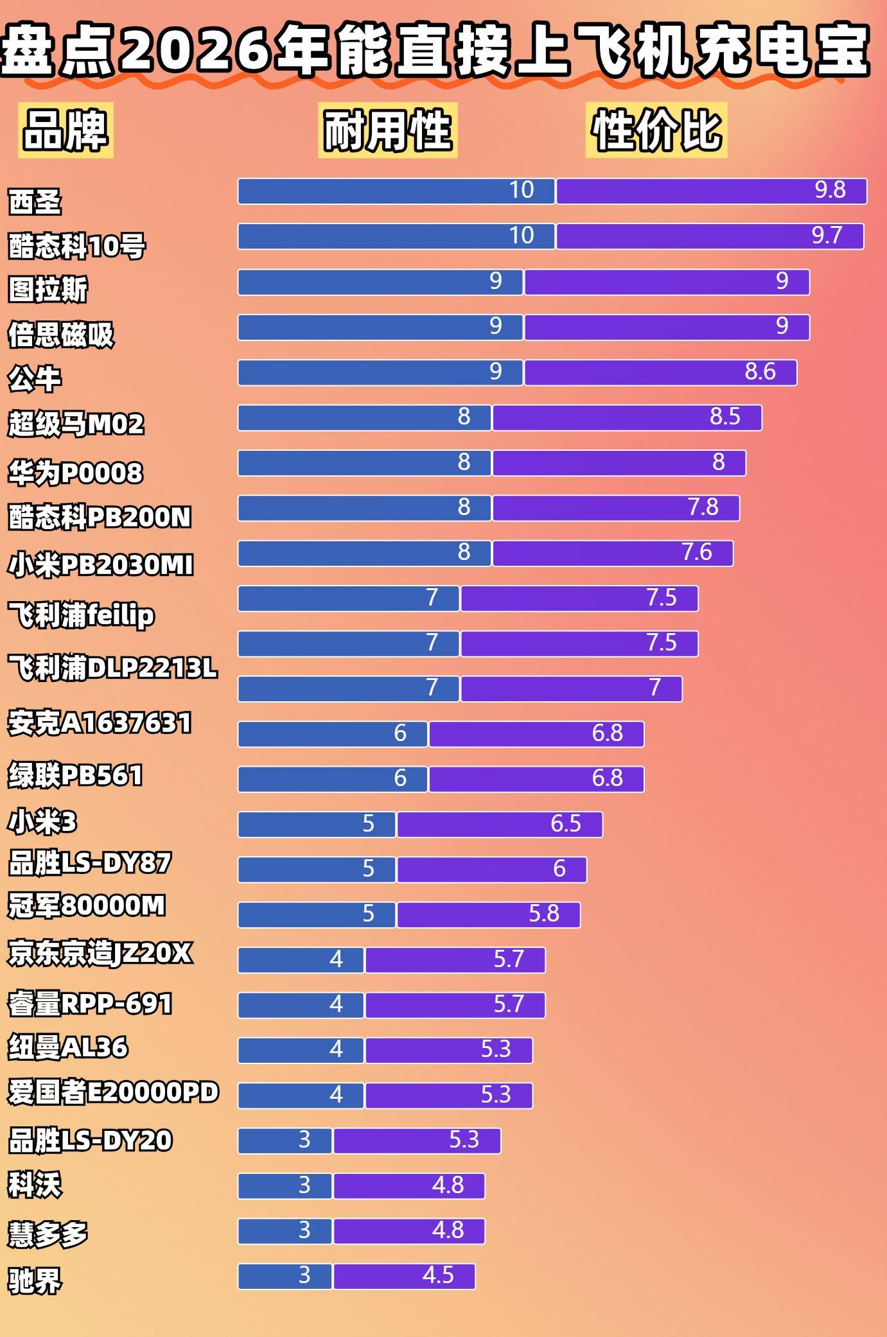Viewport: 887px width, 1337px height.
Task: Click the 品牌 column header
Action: point(66,130)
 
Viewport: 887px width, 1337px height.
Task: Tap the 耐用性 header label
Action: point(388,130)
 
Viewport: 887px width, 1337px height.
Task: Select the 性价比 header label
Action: point(656,130)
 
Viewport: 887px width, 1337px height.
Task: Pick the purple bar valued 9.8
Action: point(711,191)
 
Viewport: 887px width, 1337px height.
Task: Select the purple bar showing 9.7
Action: point(710,236)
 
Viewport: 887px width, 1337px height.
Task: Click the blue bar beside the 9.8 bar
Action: point(396,191)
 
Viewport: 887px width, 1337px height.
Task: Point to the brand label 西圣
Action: point(35,202)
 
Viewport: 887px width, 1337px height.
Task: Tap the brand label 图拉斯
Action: point(48,289)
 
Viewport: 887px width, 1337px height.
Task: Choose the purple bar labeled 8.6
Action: point(660,372)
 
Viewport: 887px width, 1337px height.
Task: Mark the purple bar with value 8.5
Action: point(627,417)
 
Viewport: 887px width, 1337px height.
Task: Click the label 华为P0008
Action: point(75,473)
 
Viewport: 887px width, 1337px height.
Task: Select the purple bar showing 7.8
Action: point(615,508)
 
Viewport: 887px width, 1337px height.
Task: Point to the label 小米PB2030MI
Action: point(100,565)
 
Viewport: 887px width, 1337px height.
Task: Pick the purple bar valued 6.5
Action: point(500,825)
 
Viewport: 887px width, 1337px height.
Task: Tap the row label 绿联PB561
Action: point(75,775)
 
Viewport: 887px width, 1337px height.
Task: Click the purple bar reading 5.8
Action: point(488,914)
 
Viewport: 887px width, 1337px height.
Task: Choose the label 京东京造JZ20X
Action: point(100,953)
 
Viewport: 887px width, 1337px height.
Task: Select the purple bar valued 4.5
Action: point(404,1276)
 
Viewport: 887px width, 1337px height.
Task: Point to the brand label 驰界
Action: point(35,1280)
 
